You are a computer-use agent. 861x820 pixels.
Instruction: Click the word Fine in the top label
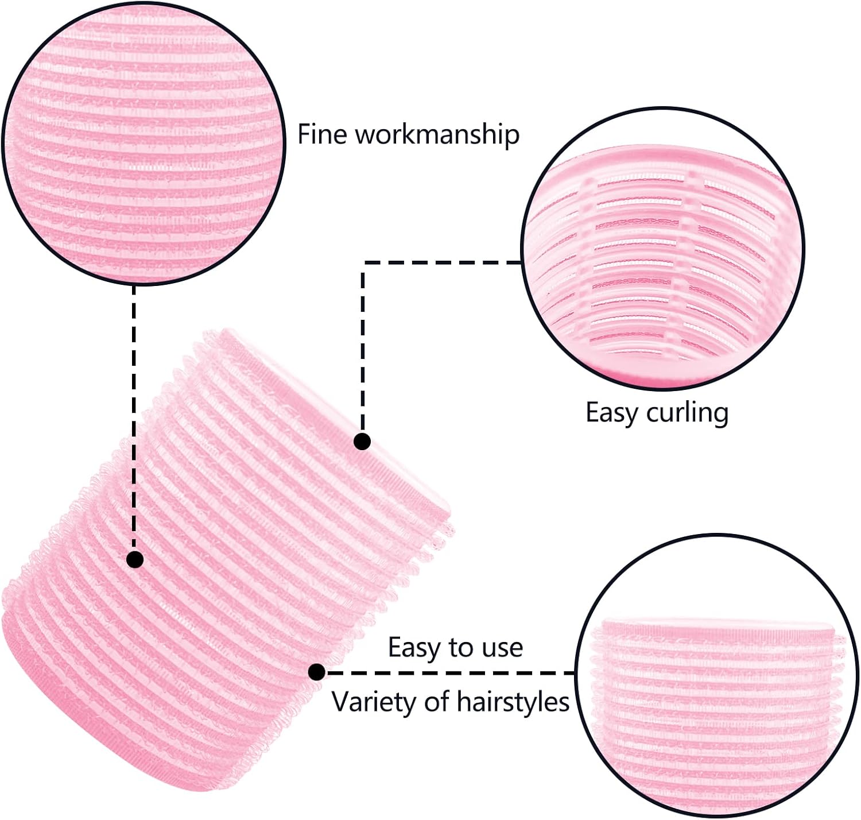point(323,134)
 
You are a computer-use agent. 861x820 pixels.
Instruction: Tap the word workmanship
point(437,135)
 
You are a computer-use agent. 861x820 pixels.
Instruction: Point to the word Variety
point(370,702)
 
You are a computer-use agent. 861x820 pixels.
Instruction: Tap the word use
point(503,648)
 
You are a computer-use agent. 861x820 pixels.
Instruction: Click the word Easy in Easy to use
point(414,648)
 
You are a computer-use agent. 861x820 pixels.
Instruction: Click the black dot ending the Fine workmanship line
point(135,559)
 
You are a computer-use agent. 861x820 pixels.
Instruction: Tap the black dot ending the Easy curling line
point(362,442)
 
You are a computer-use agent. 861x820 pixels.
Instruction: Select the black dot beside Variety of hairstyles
point(316,672)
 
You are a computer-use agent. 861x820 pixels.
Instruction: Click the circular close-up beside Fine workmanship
point(143,142)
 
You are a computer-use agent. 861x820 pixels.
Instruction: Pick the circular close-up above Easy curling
point(663,249)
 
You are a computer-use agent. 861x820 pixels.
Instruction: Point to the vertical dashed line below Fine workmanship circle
point(134,413)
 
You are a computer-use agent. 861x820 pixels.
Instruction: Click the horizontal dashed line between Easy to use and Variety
point(448,672)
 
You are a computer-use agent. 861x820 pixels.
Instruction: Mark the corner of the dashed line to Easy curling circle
point(363,263)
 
